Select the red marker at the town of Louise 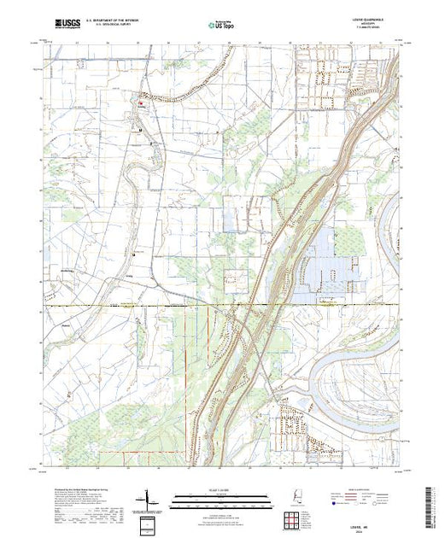tap(142, 106)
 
